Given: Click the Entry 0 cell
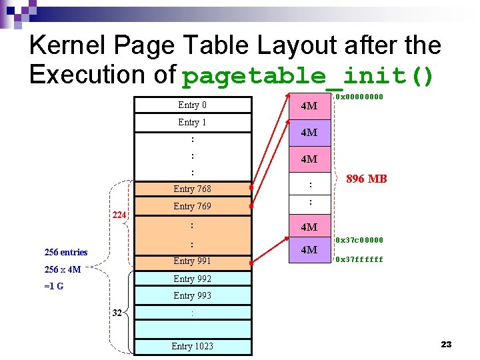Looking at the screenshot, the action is pyautogui.click(x=192, y=105).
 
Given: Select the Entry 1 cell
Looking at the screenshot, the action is pyautogui.click(x=192, y=123).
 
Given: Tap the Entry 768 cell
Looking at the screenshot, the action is pyautogui.click(x=192, y=189).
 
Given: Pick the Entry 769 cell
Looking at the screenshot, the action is pyautogui.click(x=192, y=207).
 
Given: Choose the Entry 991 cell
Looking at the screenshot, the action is pyautogui.click(x=192, y=261).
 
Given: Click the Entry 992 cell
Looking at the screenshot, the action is pyautogui.click(x=192, y=279).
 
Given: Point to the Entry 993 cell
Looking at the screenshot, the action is pyautogui.click(x=192, y=295).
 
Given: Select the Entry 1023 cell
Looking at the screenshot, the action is pyautogui.click(x=192, y=346).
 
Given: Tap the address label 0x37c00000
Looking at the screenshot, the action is pyautogui.click(x=359, y=240).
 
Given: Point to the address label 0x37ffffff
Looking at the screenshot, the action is pyautogui.click(x=359, y=259).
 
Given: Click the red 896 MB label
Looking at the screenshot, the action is pyautogui.click(x=367, y=179).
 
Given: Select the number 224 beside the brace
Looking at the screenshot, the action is pyautogui.click(x=119, y=215).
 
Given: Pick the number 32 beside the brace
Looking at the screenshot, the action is pyautogui.click(x=117, y=313).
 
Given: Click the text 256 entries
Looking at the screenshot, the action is pyautogui.click(x=65, y=252).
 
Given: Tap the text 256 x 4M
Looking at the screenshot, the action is pyautogui.click(x=62, y=270).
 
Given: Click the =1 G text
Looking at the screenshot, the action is pyautogui.click(x=54, y=287).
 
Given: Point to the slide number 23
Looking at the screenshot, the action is pyautogui.click(x=446, y=344).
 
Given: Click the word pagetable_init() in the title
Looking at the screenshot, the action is pyautogui.click(x=307, y=77).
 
